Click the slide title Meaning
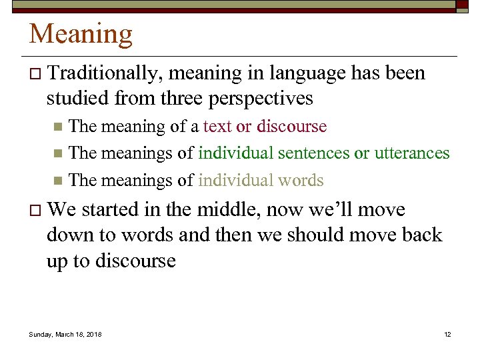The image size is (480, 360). pyautogui.click(x=81, y=34)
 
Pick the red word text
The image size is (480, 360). pyautogui.click(x=218, y=127)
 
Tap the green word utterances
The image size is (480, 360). pyautogui.click(x=412, y=153)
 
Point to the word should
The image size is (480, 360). pyautogui.click(x=328, y=235)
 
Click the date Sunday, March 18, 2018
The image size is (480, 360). pyautogui.click(x=65, y=334)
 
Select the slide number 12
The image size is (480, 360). pyautogui.click(x=447, y=334)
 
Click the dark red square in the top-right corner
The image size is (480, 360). pyautogui.click(x=462, y=4)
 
